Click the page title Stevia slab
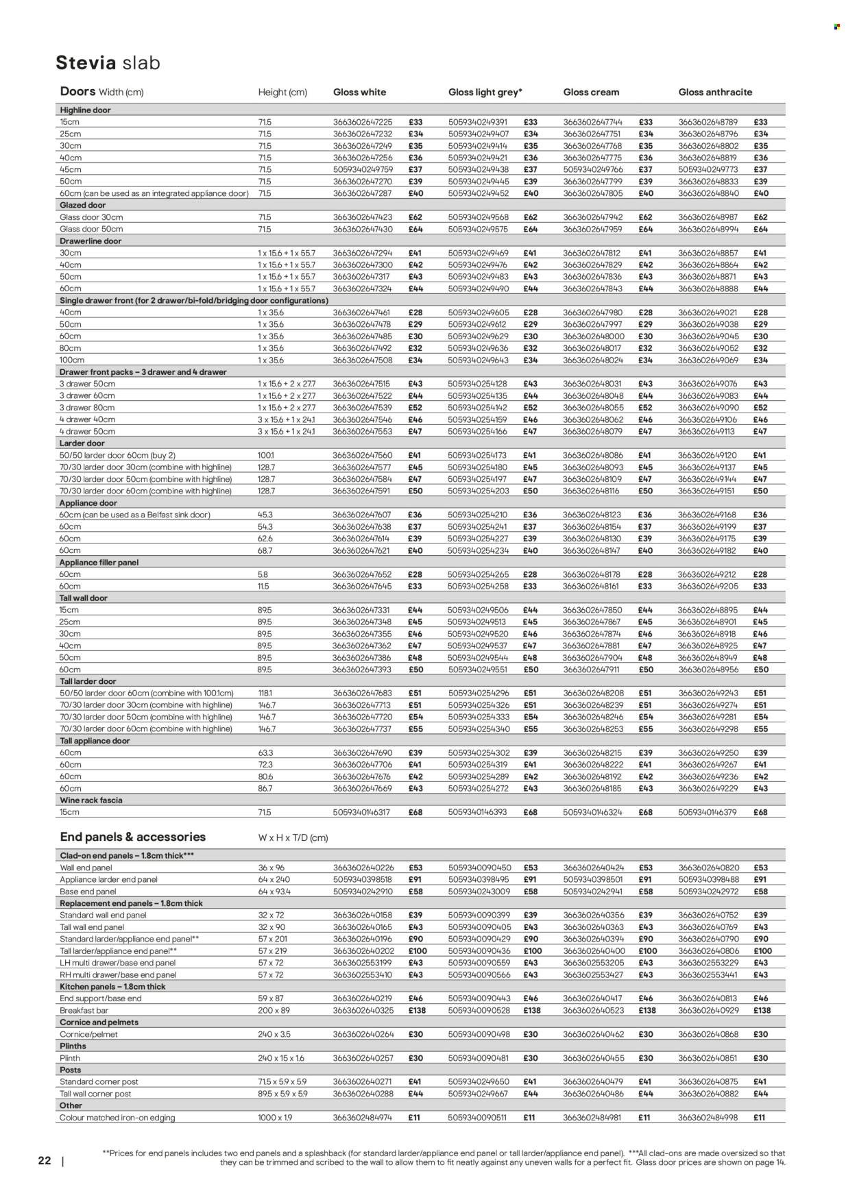pos(108,63)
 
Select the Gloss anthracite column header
pos(715,92)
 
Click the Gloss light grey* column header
pos(485,92)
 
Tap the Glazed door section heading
pos(84,206)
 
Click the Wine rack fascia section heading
pos(91,800)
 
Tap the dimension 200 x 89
pos(275,1011)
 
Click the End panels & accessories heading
pos(133,837)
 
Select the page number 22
pos(44,1161)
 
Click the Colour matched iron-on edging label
pos(117,1118)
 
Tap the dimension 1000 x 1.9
pos(276,1118)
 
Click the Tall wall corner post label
pos(95,1094)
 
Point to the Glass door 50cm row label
pos(91,229)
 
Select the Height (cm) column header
pos(282,93)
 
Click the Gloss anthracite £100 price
pos(762,951)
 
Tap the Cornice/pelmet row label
pos(88,1035)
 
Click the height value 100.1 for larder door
pos(266,455)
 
